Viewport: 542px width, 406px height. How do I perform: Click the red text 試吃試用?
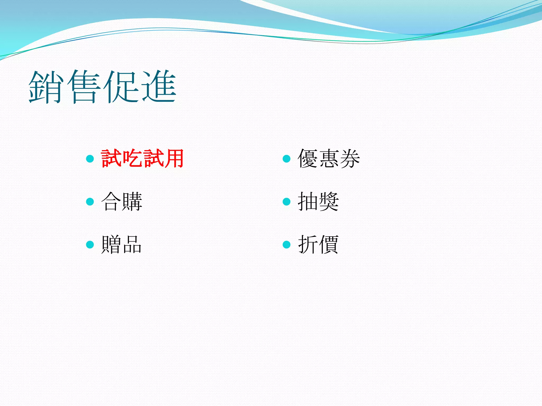[142, 159]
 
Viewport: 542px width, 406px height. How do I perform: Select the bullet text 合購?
[122, 201]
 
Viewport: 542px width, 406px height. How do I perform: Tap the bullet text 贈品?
[122, 244]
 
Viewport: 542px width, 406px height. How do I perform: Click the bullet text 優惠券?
[329, 159]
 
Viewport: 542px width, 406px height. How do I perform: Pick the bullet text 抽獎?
[318, 201]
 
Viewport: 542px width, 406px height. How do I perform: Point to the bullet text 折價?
[318, 244]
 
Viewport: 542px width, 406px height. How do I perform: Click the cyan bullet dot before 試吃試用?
[90, 159]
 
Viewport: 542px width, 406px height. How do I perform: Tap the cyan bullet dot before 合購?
[90, 202]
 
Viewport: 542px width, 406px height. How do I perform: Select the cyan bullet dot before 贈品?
[90, 244]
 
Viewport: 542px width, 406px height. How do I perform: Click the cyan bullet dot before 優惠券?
[287, 159]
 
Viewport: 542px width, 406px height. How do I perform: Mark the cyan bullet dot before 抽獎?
[287, 202]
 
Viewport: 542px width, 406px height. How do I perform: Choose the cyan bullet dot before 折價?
[287, 244]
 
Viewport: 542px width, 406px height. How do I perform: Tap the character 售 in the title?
[84, 87]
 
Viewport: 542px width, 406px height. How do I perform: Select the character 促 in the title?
[121, 87]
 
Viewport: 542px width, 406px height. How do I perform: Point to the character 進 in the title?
[159, 87]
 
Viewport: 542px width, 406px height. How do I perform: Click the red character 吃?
[132, 159]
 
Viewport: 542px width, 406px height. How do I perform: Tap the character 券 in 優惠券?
[350, 159]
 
